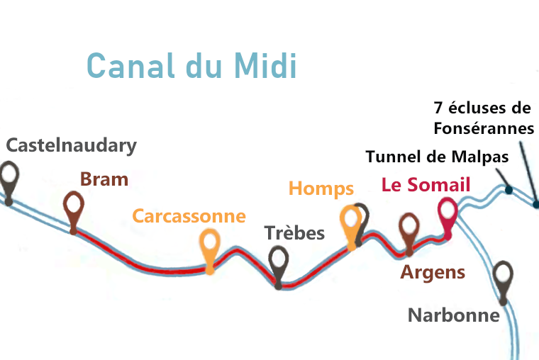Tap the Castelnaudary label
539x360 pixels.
71,146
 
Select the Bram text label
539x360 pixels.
104,179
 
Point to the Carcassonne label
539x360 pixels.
189,216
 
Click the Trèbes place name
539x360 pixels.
294,233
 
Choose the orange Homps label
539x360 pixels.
321,189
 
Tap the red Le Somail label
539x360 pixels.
426,185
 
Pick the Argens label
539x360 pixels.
433,272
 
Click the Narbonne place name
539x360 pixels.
453,315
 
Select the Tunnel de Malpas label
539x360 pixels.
437,156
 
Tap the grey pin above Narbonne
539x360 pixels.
503,274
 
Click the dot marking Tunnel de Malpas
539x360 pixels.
509,190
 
